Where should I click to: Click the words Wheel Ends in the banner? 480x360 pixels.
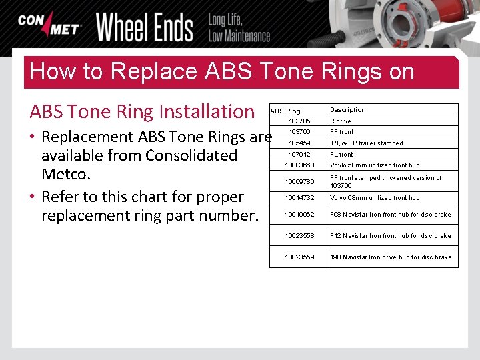point(145,27)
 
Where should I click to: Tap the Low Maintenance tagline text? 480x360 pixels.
point(239,36)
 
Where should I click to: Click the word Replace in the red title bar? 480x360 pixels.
point(151,71)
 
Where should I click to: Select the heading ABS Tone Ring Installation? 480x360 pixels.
point(142,111)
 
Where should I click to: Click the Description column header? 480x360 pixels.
point(348,110)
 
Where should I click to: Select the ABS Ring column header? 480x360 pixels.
point(285,111)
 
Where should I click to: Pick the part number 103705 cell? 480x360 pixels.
point(299,121)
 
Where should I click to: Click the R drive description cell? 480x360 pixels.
point(341,121)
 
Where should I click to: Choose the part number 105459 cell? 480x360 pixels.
point(299,143)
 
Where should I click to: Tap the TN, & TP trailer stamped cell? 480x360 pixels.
point(367,143)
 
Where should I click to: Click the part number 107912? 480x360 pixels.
point(299,155)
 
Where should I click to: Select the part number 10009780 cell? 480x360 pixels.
point(299,181)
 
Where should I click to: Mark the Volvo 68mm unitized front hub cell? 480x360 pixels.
point(375,198)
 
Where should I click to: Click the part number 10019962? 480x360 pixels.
point(299,215)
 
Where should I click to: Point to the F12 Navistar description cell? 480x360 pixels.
point(391,236)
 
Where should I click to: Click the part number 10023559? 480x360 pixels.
point(299,257)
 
